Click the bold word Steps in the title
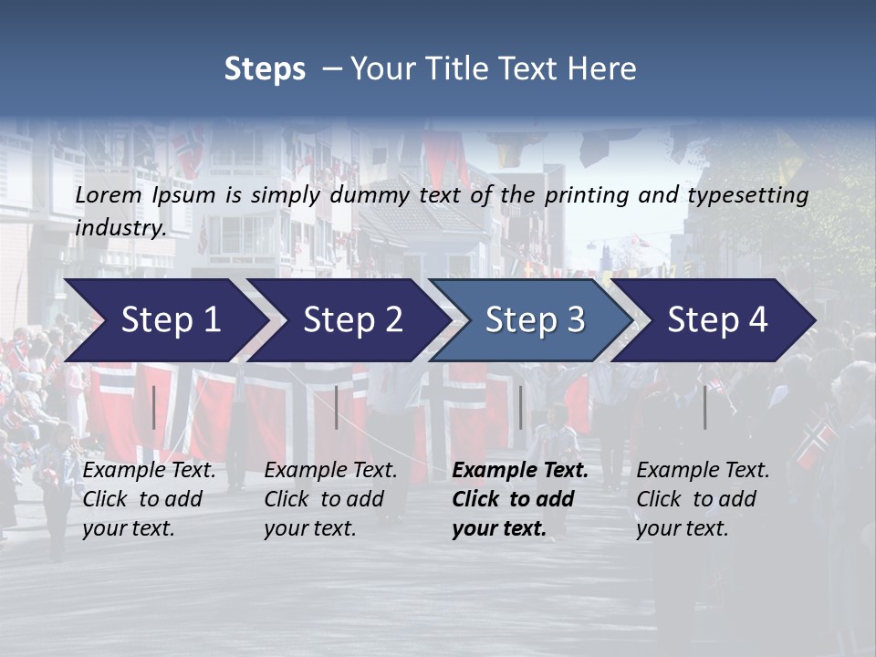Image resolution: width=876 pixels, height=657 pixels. click(265, 69)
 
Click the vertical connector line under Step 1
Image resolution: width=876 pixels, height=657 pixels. click(154, 407)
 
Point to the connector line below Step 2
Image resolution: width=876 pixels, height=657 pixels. click(337, 407)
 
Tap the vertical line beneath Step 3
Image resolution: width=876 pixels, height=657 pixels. click(521, 407)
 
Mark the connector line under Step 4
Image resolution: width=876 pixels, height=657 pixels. click(705, 407)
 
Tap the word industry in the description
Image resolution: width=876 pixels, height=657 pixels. click(120, 228)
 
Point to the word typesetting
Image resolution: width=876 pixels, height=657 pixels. click(747, 195)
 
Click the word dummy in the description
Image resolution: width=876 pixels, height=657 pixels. click(370, 195)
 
